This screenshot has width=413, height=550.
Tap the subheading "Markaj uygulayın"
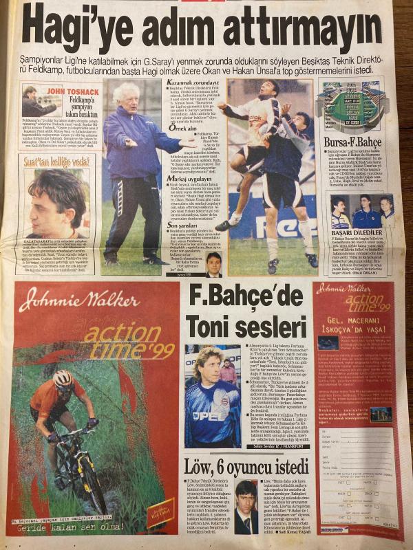pyautogui.click(x=185, y=177)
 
